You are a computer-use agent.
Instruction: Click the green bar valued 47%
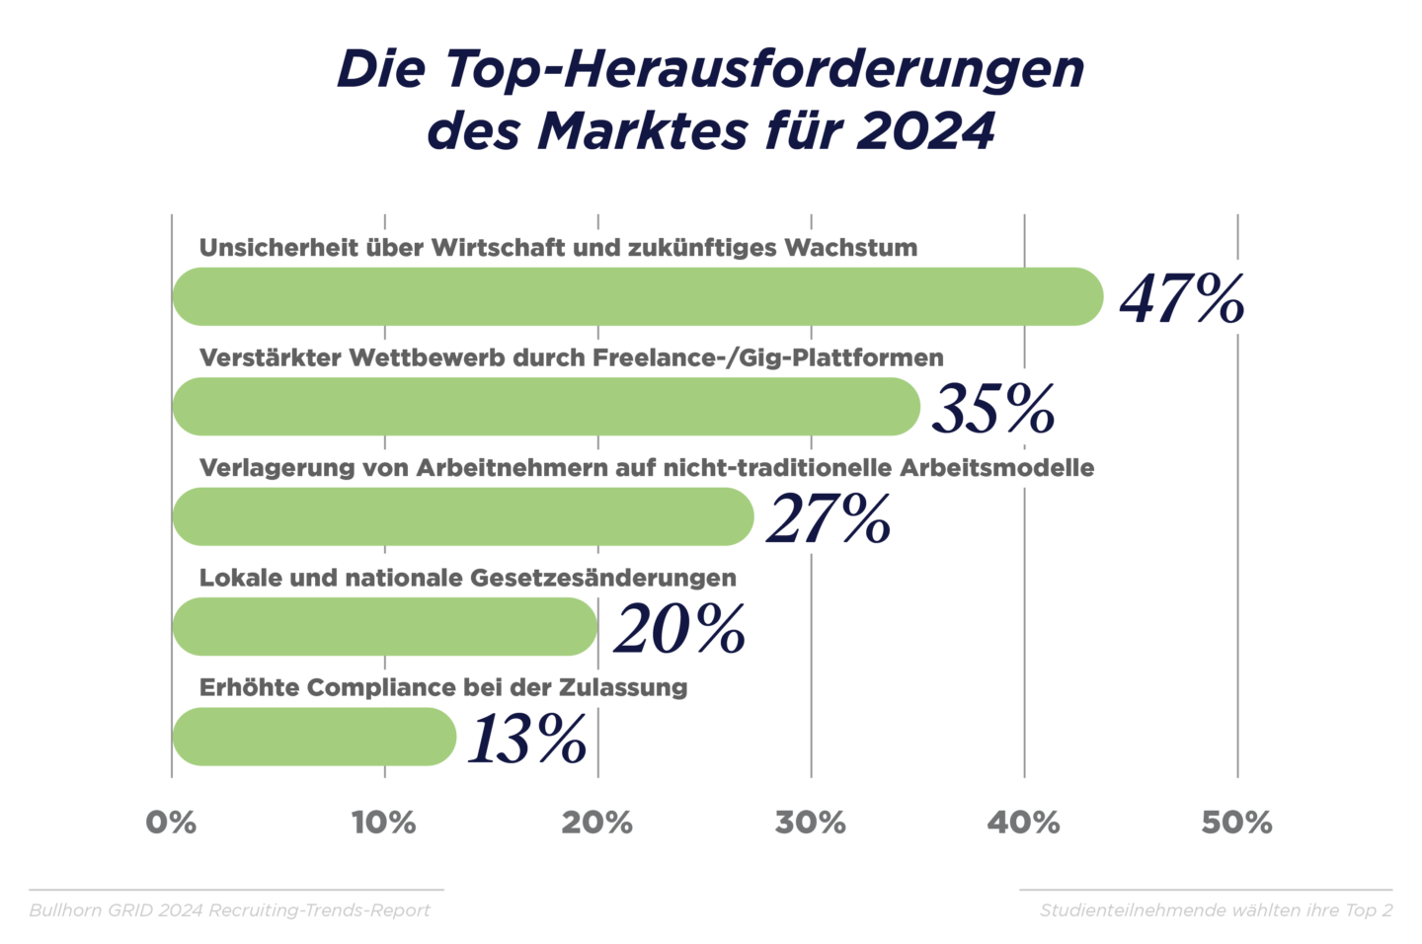[637, 296]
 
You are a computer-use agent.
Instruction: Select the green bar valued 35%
[546, 407]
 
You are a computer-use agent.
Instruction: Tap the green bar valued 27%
[462, 516]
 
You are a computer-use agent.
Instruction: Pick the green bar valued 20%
[385, 626]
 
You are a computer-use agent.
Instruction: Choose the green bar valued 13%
[314, 737]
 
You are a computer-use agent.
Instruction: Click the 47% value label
[1182, 298]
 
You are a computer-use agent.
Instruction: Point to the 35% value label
[993, 409]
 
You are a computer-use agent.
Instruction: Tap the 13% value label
[528, 739]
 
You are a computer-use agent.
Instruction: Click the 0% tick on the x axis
[171, 823]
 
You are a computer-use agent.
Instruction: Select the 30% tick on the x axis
[810, 823]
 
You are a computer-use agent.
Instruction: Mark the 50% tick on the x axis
[1236, 823]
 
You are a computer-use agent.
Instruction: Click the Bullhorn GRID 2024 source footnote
[230, 910]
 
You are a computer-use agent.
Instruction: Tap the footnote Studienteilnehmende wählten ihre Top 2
[1216, 910]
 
